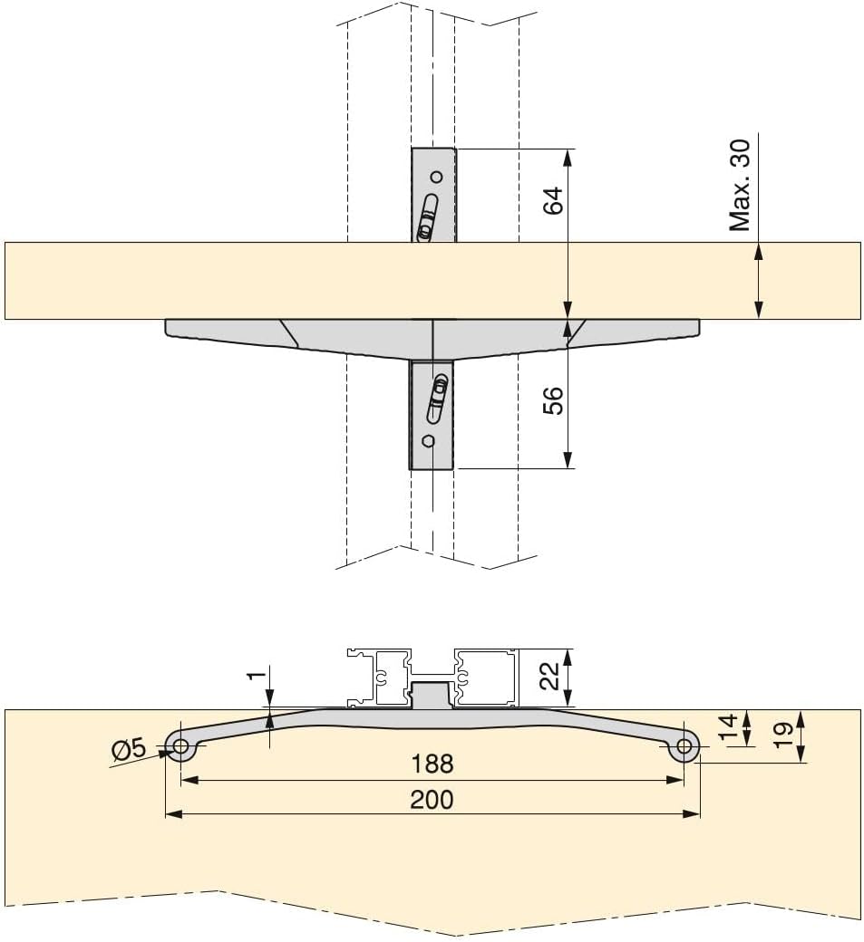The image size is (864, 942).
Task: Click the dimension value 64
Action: tap(554, 200)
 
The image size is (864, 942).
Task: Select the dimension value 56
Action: tap(554, 399)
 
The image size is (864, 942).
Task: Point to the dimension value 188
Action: tap(432, 764)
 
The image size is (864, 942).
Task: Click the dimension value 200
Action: tap(432, 800)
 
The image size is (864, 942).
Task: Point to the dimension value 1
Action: tap(257, 675)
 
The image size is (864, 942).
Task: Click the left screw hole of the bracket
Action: tap(180, 747)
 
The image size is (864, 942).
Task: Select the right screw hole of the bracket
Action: tap(684, 747)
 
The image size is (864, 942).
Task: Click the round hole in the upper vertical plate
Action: tap(436, 176)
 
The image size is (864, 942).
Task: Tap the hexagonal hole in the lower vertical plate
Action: tap(429, 442)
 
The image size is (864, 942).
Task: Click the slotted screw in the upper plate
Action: tap(427, 220)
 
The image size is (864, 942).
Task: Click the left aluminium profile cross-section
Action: tap(379, 677)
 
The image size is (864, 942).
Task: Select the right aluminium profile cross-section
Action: tap(484, 677)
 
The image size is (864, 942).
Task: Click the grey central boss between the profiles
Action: tap(432, 697)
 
